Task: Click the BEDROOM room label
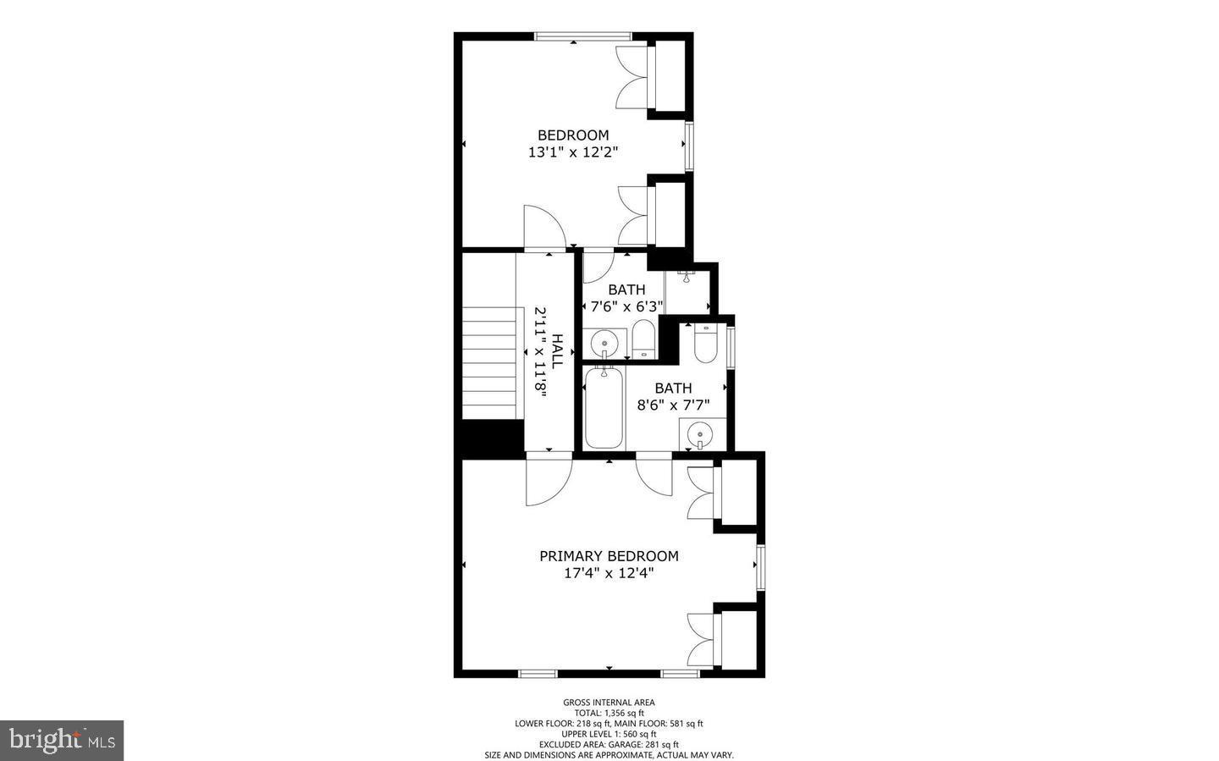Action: (x=573, y=135)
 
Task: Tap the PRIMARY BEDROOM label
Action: (x=609, y=556)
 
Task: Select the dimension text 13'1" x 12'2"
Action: (x=573, y=152)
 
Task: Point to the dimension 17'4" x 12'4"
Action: (x=609, y=573)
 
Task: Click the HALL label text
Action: (x=557, y=350)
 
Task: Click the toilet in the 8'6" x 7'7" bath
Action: (x=705, y=343)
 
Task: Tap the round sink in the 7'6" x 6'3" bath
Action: (x=604, y=344)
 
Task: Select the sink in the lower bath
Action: (x=700, y=436)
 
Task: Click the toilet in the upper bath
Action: (x=643, y=339)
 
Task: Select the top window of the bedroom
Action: (x=582, y=36)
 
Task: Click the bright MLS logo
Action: (x=62, y=741)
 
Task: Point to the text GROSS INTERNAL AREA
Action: (x=609, y=702)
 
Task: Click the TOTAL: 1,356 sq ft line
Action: (x=609, y=713)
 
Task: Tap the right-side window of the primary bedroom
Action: (x=760, y=567)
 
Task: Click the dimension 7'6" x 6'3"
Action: (x=626, y=306)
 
